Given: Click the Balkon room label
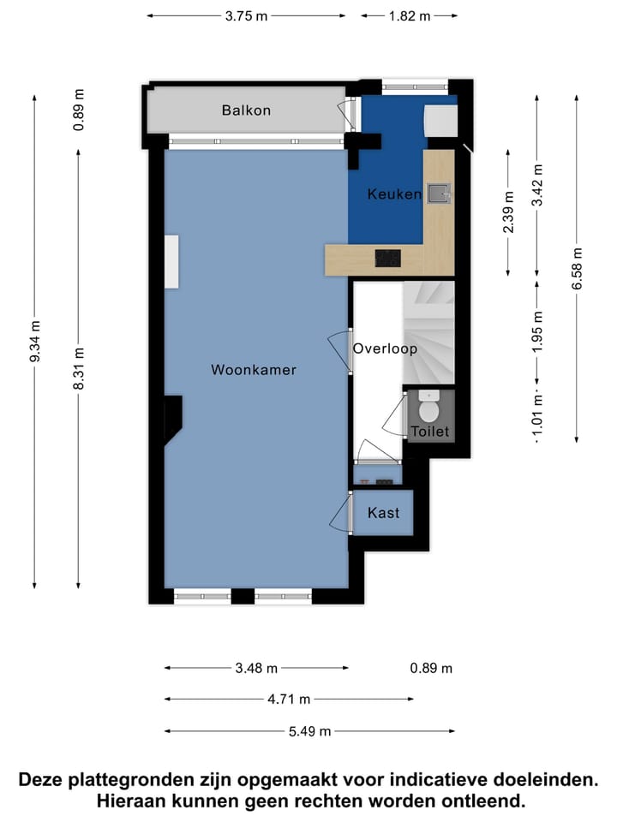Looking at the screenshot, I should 246,110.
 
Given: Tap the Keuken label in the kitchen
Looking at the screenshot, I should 394,194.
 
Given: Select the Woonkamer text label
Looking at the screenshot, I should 254,370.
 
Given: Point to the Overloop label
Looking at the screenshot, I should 385,349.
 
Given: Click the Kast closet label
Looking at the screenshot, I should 382,513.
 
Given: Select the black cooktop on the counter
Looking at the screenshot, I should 388,257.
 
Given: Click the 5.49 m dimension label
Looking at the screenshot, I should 309,731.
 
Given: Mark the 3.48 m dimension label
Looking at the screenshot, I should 256,668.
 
